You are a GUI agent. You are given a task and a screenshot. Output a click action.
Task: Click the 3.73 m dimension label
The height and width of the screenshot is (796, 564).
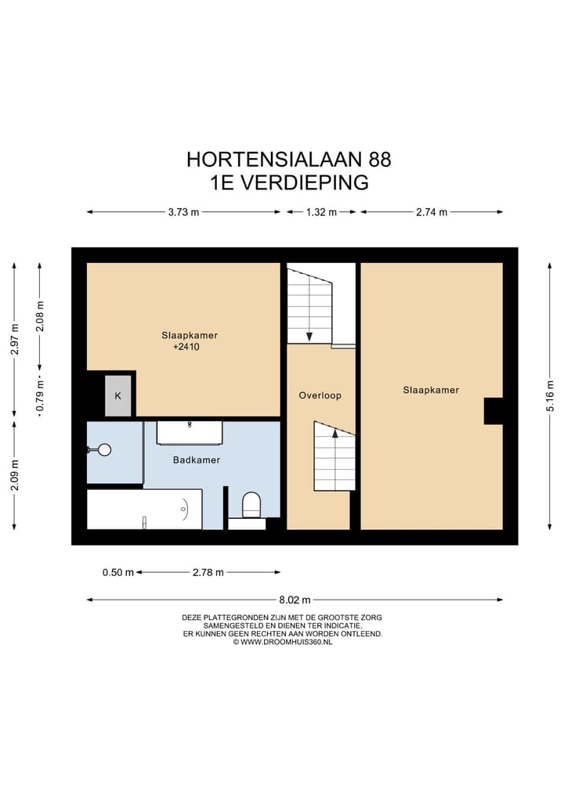pyautogui.click(x=184, y=212)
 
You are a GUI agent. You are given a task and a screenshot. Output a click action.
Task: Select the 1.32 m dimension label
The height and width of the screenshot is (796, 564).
pyautogui.click(x=321, y=212)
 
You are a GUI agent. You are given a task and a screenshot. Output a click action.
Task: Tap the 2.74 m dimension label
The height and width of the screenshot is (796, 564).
pyautogui.click(x=432, y=212)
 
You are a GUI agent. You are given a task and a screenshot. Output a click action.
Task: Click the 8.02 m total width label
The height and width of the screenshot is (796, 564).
pyautogui.click(x=295, y=600)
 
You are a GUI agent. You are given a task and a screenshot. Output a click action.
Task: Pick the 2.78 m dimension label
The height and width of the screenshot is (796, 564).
pyautogui.click(x=208, y=572)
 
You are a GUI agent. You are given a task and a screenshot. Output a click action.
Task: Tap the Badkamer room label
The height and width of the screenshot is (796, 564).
pyautogui.click(x=196, y=460)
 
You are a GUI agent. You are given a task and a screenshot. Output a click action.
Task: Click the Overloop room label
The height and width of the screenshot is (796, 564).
pyautogui.click(x=320, y=395)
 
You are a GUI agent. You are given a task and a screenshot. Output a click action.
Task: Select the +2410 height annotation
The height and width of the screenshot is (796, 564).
pyautogui.click(x=186, y=347)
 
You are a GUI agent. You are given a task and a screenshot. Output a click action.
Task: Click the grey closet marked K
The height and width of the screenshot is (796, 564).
pyautogui.click(x=118, y=396)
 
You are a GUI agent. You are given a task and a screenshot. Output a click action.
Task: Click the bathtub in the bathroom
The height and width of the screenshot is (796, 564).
pyautogui.click(x=144, y=510)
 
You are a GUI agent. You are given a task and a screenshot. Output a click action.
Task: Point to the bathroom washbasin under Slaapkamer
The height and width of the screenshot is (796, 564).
pyautogui.click(x=190, y=431)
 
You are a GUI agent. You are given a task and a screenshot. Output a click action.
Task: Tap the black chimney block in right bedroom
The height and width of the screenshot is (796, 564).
pyautogui.click(x=493, y=411)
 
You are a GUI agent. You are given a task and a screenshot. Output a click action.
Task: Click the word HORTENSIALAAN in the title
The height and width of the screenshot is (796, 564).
pyautogui.click(x=275, y=160)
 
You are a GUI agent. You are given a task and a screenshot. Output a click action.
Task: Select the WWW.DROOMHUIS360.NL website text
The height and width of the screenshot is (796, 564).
pyautogui.click(x=286, y=642)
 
